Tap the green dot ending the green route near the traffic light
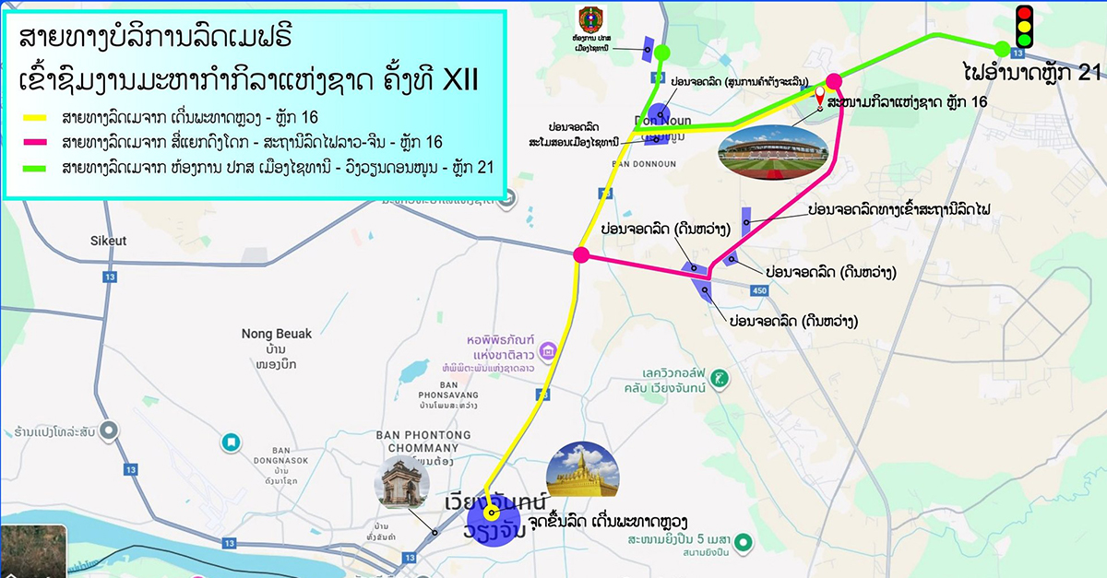click(1001, 49)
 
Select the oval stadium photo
click(773, 153)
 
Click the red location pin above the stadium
click(819, 100)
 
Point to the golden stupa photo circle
click(582, 470)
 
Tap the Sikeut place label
click(108, 242)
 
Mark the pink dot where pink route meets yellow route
click(581, 254)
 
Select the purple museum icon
click(548, 350)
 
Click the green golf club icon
click(720, 378)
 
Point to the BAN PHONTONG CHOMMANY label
click(423, 442)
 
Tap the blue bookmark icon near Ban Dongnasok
click(231, 442)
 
